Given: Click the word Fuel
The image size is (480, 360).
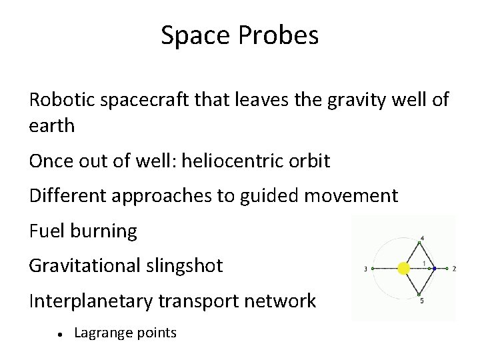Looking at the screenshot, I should pos(45,231).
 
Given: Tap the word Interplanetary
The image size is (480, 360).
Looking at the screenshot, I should pos(92,301).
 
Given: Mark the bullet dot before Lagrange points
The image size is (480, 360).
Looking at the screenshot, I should pos(60,333).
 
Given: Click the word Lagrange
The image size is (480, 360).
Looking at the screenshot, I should pos(101,332).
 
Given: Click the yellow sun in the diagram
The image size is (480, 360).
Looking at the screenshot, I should pos(403,269).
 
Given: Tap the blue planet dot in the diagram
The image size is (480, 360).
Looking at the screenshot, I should pos(434,269).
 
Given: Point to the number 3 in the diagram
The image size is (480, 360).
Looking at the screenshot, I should pos(366,269).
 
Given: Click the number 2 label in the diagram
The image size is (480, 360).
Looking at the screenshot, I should pos(453,269).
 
